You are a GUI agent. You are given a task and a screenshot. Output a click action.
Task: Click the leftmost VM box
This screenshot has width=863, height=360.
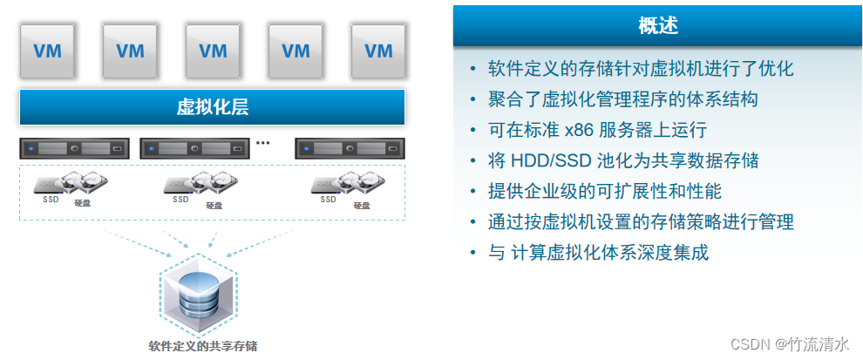[47, 51]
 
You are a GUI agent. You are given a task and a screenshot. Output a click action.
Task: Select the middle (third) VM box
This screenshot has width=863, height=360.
[213, 51]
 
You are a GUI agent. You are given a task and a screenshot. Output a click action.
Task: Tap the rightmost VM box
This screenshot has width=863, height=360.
[378, 51]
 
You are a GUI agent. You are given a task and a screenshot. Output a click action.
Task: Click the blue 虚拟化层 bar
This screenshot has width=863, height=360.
[212, 107]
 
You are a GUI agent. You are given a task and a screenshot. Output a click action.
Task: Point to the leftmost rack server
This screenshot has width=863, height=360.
[73, 149]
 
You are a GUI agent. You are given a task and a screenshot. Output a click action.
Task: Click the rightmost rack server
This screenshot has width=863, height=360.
[350, 149]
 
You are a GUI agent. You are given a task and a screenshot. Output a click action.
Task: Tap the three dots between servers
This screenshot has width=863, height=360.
[262, 142]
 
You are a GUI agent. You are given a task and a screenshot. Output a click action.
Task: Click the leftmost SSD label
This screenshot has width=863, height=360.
[51, 199]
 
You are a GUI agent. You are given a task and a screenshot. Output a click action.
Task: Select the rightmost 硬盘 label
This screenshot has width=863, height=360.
[361, 205]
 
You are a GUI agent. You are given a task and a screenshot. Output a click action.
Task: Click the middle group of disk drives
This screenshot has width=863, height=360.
[202, 184]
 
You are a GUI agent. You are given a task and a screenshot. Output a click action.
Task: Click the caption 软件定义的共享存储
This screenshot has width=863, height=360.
[202, 346]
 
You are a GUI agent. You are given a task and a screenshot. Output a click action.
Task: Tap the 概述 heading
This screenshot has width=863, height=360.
[658, 26]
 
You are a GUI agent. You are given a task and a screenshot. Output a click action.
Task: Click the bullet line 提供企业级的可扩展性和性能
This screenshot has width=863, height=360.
[605, 191]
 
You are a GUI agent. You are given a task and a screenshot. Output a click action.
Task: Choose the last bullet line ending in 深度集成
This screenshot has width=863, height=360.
[599, 253]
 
